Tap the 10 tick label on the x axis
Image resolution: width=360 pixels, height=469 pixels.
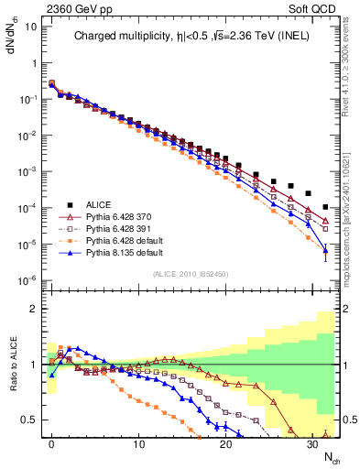coord(138,443)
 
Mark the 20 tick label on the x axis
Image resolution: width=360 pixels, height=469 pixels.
coord(225,443)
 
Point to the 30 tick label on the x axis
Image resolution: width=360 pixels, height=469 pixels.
coord(312,443)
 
